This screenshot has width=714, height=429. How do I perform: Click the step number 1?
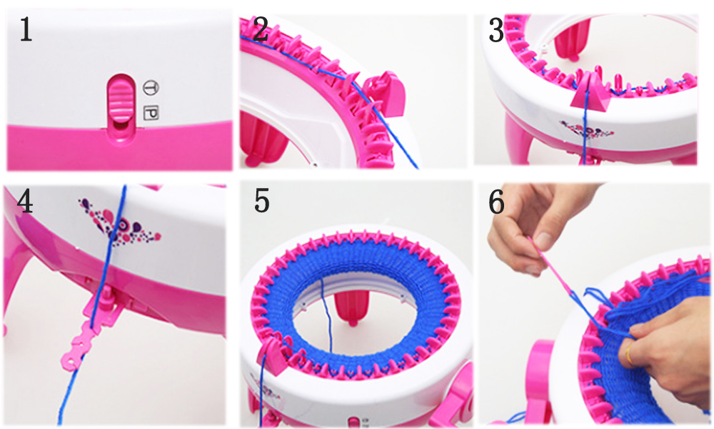[26, 29]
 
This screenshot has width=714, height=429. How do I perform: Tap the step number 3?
[496, 31]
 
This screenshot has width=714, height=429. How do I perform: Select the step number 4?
[25, 202]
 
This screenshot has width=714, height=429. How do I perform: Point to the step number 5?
[262, 201]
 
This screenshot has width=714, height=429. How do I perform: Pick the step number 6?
[496, 202]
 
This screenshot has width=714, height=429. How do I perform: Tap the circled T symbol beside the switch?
[151, 87]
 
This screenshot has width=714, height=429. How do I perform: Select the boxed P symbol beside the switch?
[151, 113]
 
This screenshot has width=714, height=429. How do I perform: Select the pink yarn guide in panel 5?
[273, 355]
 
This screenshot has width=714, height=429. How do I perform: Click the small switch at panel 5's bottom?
[353, 422]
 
